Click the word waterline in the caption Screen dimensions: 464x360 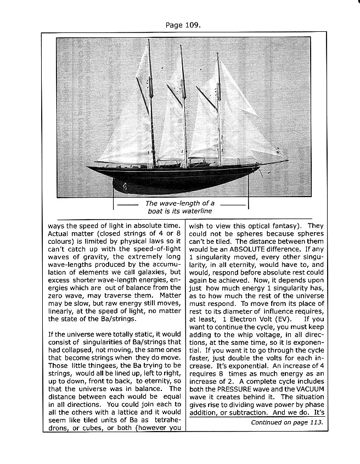tap(194, 211)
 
